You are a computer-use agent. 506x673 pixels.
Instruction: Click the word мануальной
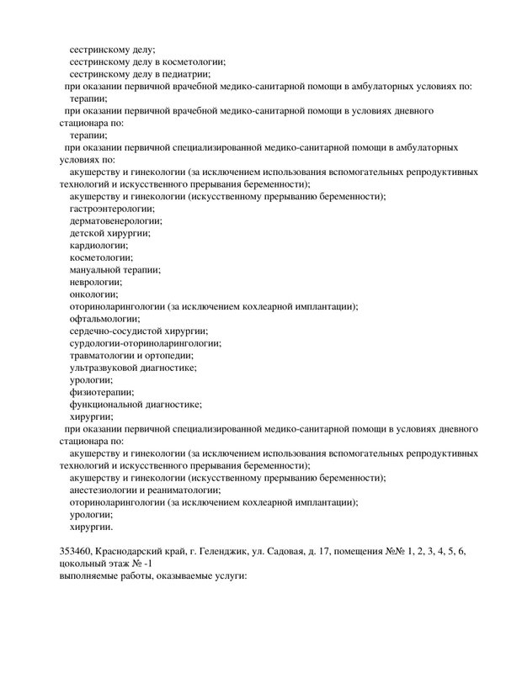coord(99,269)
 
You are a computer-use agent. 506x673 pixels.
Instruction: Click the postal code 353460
coord(75,550)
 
